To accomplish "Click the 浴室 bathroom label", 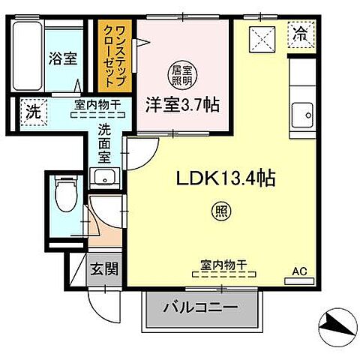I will tap(63, 58).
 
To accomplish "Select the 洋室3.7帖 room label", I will tap(182, 105).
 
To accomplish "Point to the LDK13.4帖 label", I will tap(225, 179).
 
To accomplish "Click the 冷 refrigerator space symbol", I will tap(300, 34).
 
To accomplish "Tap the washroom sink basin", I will tap(101, 178).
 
